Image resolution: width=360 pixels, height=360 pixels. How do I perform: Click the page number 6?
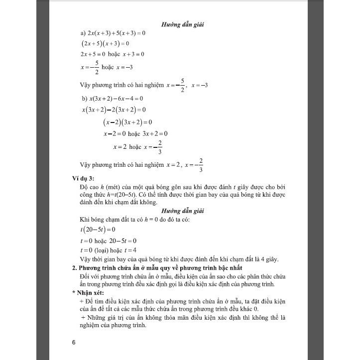tap(75, 342)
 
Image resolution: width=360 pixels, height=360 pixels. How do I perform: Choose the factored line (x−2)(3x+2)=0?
tap(127, 122)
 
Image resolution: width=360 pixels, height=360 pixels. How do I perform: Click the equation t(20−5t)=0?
tap(97, 230)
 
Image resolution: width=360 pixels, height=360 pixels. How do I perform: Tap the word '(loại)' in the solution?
tap(104, 250)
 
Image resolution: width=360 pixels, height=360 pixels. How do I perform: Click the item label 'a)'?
tap(83, 33)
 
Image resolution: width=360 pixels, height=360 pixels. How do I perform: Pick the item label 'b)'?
tap(84, 99)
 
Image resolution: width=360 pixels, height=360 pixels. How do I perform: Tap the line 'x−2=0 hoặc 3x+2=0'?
tap(135, 133)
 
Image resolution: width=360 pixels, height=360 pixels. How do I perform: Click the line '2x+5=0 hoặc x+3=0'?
tap(112, 54)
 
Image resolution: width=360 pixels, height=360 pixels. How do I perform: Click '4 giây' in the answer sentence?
tap(268, 259)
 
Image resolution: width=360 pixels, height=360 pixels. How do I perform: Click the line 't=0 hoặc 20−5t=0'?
tap(108, 240)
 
